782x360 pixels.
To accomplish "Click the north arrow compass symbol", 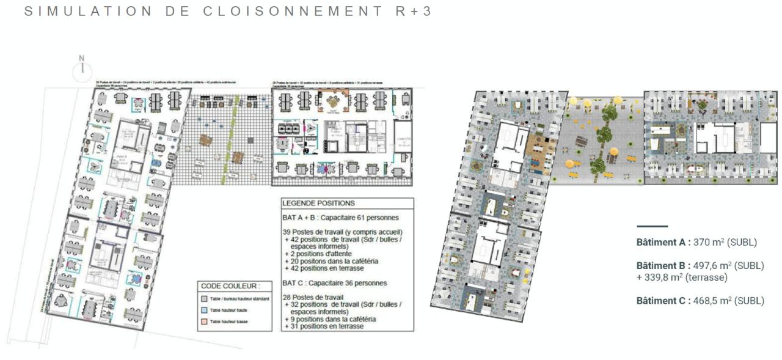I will [82, 72].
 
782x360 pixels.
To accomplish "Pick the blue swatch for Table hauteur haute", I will [205, 310].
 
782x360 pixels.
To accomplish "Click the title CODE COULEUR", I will [230, 286].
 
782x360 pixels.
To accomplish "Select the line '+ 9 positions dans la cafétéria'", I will [330, 319].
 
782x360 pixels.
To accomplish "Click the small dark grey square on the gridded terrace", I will [251, 140].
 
